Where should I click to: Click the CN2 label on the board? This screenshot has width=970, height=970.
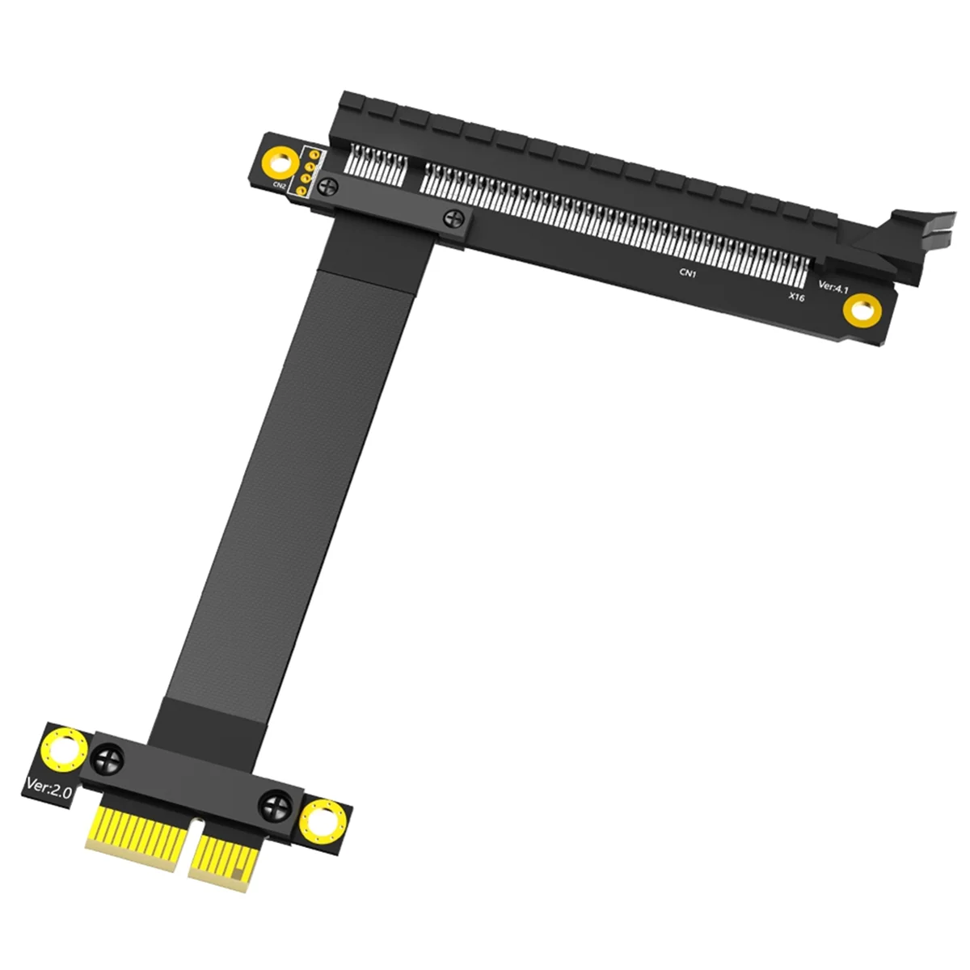pos(279,186)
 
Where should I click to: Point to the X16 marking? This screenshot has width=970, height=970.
pos(796,297)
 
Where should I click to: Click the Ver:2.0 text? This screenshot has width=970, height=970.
pos(48,784)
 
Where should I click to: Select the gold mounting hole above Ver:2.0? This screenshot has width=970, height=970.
pos(63,748)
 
